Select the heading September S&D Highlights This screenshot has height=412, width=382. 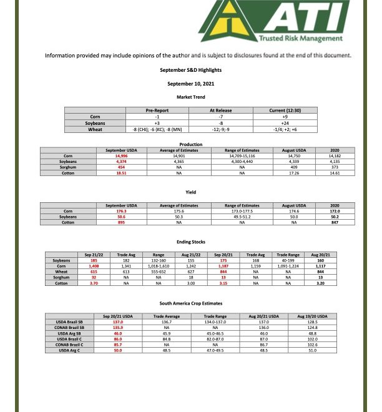[x=191, y=70]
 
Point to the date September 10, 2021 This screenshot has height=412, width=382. [x=191, y=83]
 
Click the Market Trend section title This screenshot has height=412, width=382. [x=191, y=97]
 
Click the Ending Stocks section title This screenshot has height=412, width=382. [x=191, y=242]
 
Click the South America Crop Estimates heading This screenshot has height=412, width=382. [x=191, y=303]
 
